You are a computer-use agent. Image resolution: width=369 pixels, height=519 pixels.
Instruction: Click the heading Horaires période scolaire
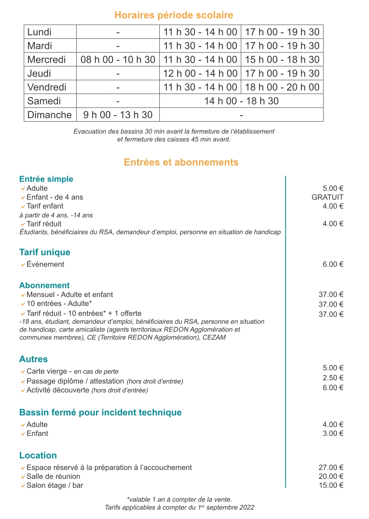tap(174, 15)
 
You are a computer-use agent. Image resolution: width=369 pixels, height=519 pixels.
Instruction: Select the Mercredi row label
tap(46, 59)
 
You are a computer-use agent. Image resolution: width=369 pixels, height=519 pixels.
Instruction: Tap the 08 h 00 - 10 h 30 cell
tap(118, 59)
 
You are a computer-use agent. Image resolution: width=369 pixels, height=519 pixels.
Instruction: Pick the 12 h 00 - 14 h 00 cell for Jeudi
tap(200, 73)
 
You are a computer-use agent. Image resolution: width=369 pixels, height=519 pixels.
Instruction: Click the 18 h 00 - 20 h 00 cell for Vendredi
tap(282, 87)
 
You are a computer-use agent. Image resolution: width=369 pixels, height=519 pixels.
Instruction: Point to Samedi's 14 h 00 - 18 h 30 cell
tap(241, 101)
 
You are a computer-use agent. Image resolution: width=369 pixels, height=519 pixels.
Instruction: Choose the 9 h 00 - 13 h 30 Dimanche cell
tap(118, 115)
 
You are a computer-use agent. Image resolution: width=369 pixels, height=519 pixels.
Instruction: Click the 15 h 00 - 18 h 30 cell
tap(282, 59)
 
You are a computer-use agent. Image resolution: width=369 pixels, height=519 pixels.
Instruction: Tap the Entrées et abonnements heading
tap(181, 162)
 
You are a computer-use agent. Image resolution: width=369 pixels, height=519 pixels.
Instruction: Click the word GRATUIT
tap(327, 197)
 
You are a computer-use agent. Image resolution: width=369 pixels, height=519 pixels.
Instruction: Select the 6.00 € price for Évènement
tap(333, 264)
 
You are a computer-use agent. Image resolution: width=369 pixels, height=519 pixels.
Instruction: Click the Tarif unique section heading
tap(45, 252)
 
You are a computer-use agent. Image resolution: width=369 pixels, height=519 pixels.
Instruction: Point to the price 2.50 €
tap(333, 378)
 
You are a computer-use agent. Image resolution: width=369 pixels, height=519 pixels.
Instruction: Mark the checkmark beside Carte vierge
tap(23, 372)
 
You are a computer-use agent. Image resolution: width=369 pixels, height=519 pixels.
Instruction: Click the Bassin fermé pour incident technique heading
tap(100, 413)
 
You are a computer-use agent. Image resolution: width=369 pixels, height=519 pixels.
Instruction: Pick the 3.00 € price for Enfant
tap(333, 434)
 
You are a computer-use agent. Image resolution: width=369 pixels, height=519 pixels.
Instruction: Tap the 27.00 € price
tap(331, 468)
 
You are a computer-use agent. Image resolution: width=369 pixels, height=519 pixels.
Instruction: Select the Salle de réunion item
tap(53, 477)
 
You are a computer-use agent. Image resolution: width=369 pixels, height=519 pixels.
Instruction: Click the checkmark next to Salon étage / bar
tap(23, 486)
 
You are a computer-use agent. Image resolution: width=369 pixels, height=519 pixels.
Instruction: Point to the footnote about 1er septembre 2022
tap(179, 508)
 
